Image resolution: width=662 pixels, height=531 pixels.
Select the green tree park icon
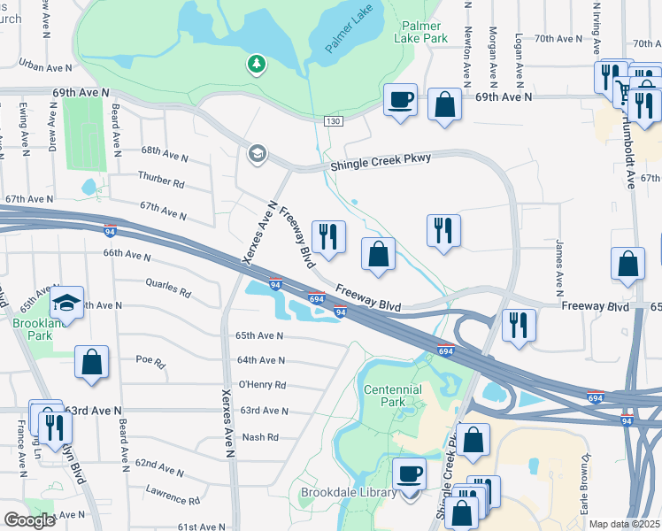(x=256, y=64)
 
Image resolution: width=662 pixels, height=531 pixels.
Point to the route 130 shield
(x=332, y=121)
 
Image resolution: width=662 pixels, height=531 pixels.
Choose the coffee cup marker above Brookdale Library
(x=409, y=473)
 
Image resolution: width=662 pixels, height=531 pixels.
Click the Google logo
(x=29, y=520)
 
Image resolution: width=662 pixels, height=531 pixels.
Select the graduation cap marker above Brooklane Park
(x=66, y=303)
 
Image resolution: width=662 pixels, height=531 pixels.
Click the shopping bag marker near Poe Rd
(x=92, y=362)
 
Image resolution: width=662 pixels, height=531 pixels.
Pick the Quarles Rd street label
(x=168, y=288)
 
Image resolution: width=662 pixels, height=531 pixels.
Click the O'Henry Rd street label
(x=262, y=385)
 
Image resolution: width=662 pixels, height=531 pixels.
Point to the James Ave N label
(x=559, y=266)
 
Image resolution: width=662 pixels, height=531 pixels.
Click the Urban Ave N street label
(x=44, y=65)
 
